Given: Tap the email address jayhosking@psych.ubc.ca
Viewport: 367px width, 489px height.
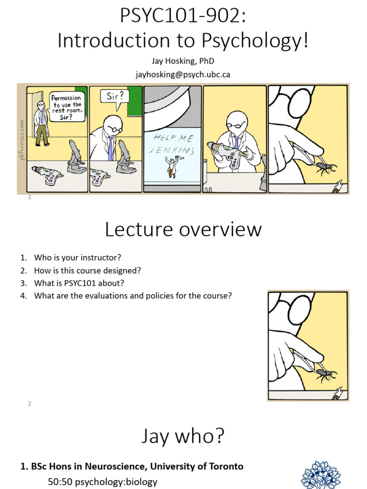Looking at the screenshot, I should click(183, 74).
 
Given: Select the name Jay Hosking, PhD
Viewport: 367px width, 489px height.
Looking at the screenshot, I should click(183, 62).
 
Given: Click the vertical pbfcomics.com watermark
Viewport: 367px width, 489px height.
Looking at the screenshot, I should click(22, 139).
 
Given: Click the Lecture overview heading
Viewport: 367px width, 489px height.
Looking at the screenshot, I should click(183, 230).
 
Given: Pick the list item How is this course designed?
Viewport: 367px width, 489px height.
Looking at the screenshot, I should click(87, 270).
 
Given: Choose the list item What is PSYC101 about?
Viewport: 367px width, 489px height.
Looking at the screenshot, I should click(79, 283).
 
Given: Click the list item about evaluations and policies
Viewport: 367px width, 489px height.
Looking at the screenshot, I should click(132, 296).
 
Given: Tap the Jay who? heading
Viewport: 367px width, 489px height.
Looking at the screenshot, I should click(183, 436).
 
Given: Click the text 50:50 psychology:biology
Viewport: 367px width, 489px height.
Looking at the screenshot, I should click(102, 482).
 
